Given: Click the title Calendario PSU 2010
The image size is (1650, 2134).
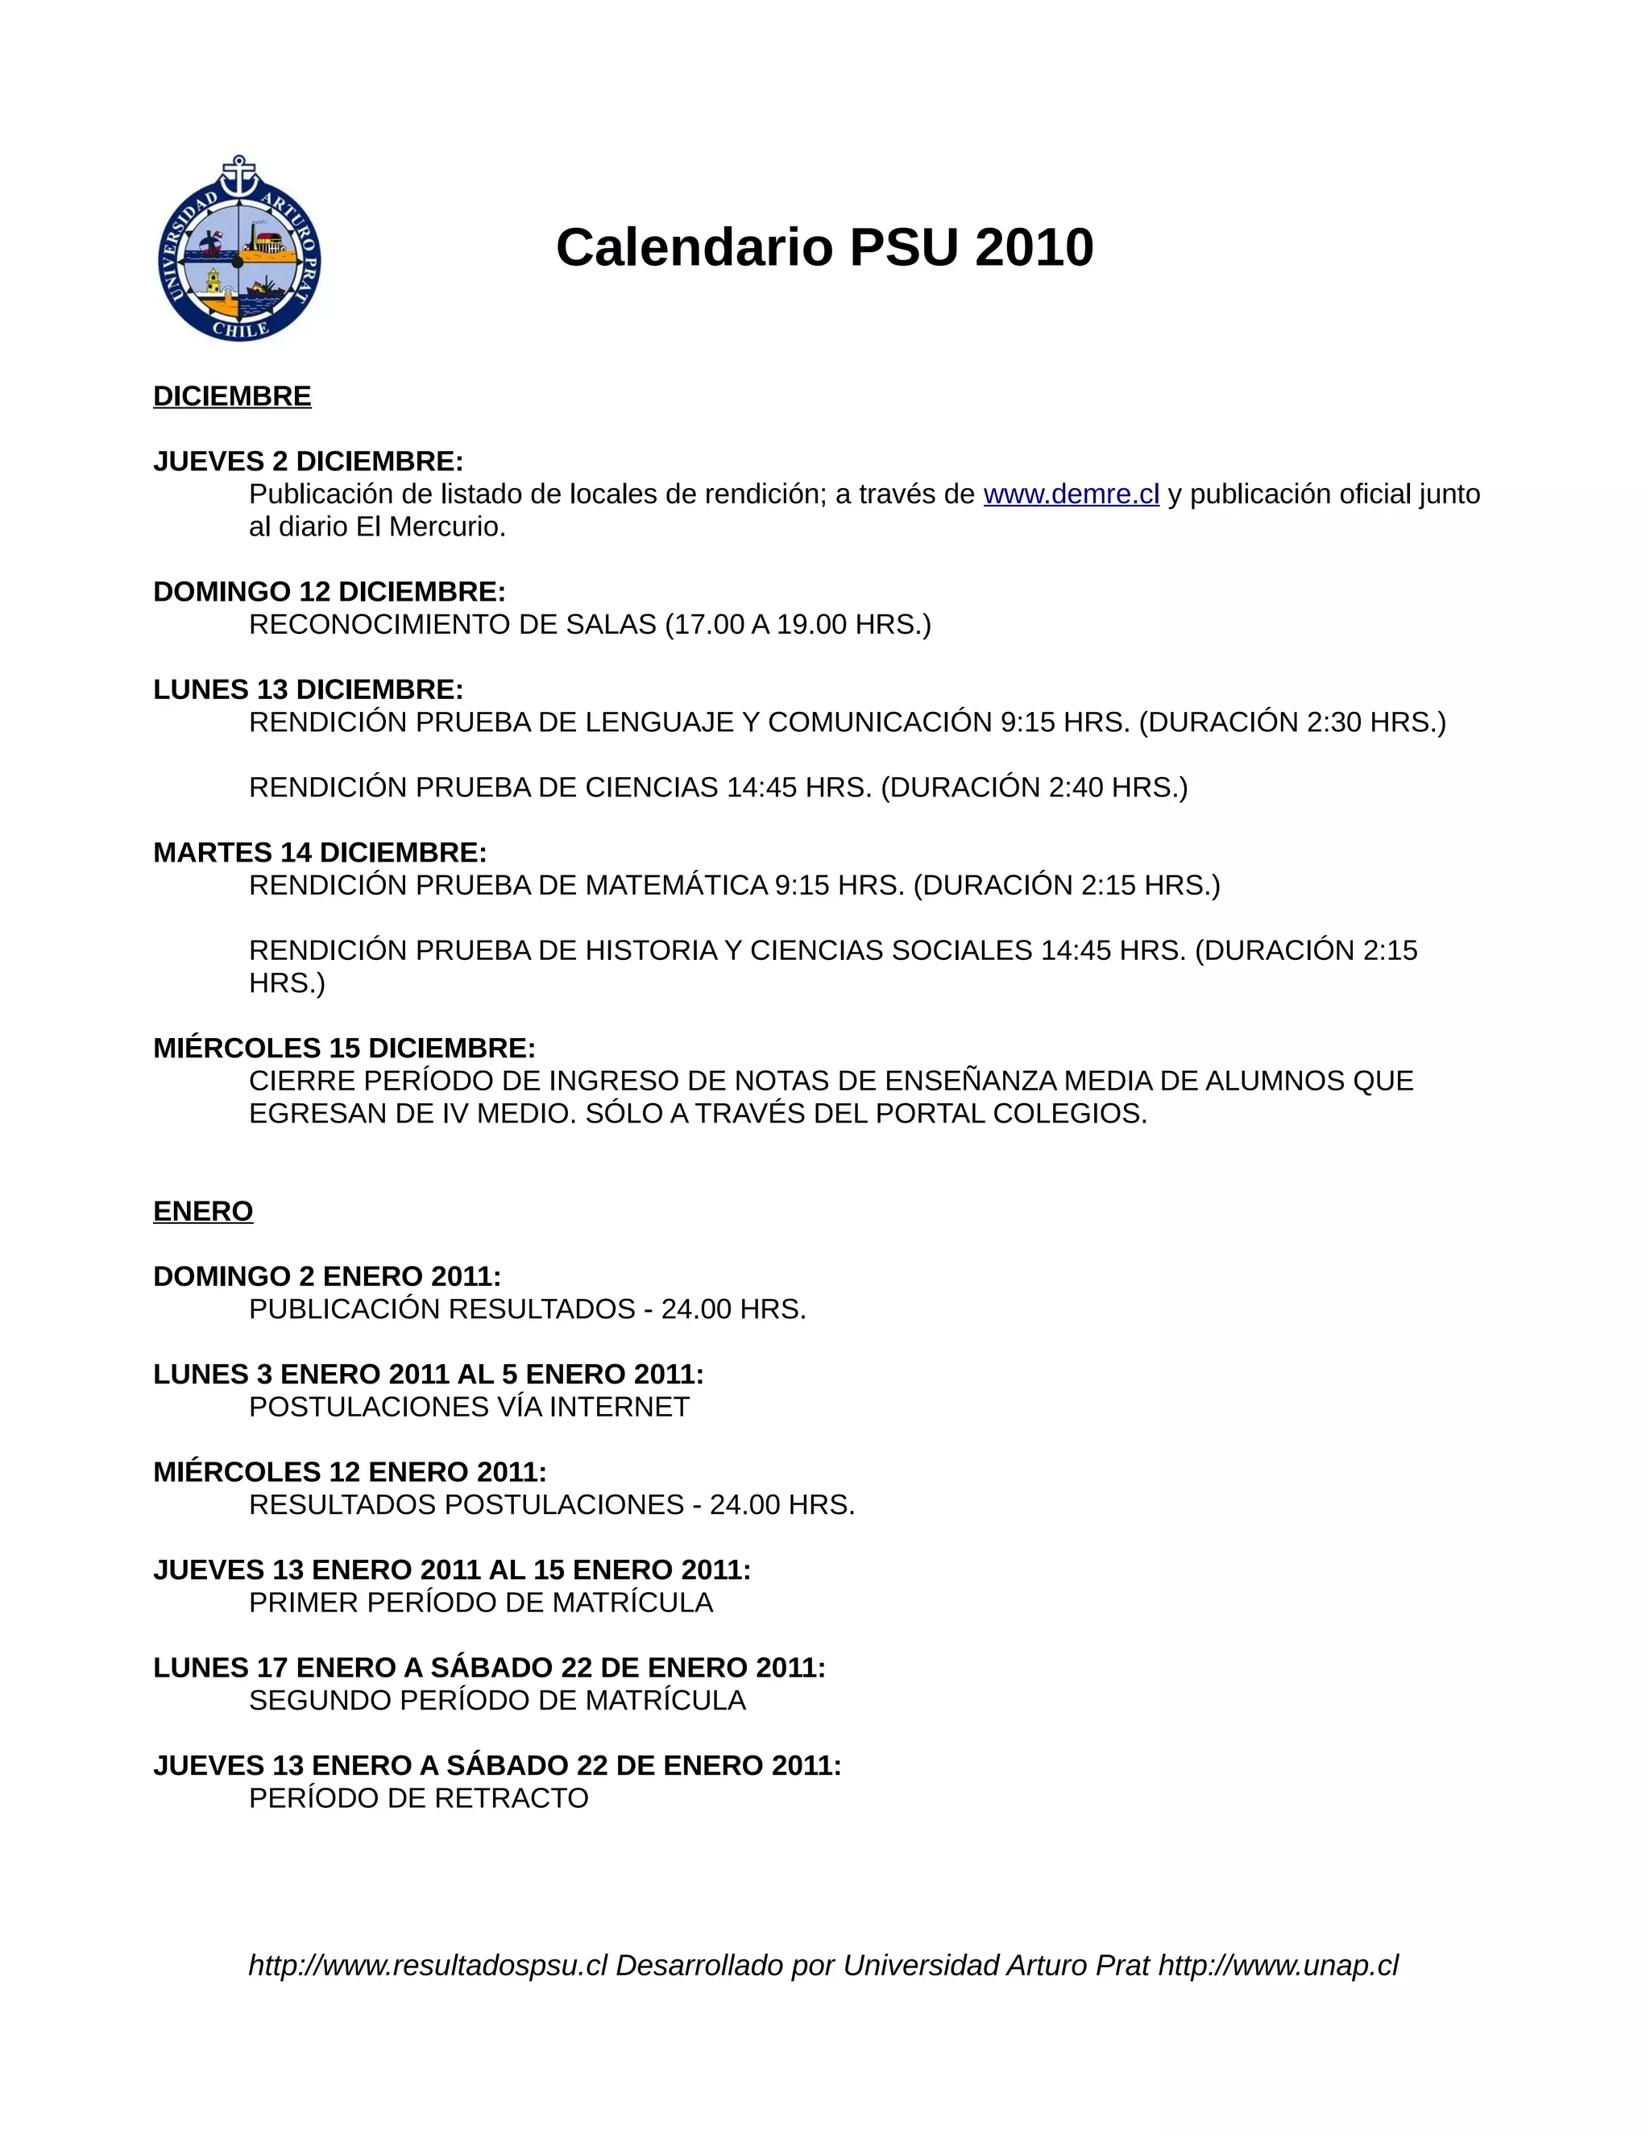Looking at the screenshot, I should click(x=824, y=247).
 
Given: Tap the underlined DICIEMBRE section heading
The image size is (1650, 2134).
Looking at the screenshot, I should click(x=233, y=397).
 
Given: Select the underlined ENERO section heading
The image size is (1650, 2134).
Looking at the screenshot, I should click(x=203, y=1212).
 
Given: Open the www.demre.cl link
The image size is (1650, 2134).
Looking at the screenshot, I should click(x=1072, y=494).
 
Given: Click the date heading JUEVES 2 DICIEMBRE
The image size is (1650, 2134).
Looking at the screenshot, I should click(x=308, y=461).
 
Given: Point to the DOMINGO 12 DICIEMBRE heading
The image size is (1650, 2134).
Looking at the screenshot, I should click(x=330, y=592).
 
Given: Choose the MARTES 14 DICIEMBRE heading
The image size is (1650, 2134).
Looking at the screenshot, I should click(x=320, y=853).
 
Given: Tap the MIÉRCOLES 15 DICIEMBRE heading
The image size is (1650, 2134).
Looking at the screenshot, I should click(x=344, y=1048).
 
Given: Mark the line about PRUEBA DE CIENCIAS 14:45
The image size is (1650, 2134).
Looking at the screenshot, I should click(x=719, y=788).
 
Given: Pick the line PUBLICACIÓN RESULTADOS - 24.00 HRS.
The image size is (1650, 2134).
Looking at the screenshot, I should click(x=528, y=1309).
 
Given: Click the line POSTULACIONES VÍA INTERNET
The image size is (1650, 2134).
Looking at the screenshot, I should click(x=469, y=1407).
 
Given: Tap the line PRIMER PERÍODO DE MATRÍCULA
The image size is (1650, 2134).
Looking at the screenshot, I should click(x=481, y=1603).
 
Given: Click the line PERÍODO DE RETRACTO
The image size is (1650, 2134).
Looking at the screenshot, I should click(x=418, y=1798).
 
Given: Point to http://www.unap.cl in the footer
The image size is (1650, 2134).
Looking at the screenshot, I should click(x=1279, y=1965).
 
